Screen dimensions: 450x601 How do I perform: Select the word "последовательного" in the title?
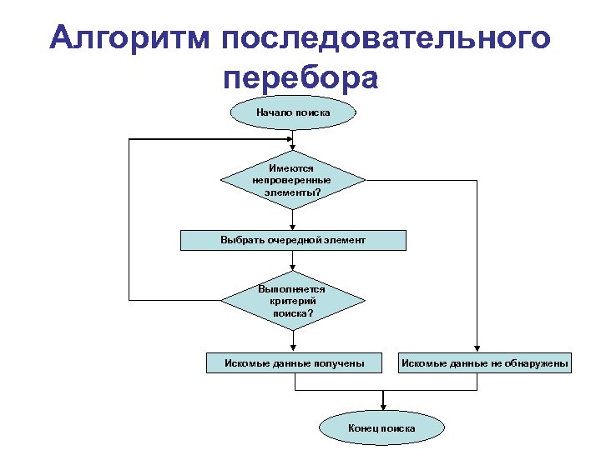coord(386,39)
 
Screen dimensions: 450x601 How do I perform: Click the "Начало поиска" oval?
coord(293,112)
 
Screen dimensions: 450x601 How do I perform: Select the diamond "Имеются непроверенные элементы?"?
coord(292,180)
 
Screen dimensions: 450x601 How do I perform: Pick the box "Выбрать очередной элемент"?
coord(293,240)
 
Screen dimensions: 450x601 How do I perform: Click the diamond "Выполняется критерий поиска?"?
coord(293,301)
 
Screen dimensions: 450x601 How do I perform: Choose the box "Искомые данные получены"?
coord(295,363)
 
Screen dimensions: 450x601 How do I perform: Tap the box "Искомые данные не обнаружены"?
coord(485,363)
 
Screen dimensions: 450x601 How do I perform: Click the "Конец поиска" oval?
coord(381,427)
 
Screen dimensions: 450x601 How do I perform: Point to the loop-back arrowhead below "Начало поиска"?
coord(293,136)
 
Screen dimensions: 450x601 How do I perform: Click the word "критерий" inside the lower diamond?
coord(292,301)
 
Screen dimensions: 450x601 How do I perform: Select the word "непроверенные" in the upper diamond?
coord(291,180)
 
